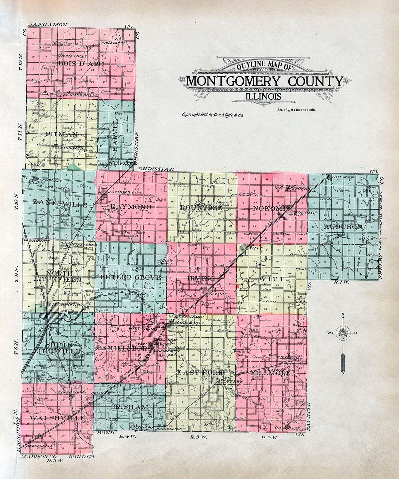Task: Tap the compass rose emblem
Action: click(x=343, y=333)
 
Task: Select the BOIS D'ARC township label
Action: click(x=81, y=63)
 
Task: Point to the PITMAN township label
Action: click(x=62, y=134)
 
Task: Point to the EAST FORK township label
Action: click(x=199, y=373)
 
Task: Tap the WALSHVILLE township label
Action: click(x=57, y=418)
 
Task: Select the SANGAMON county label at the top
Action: click(x=48, y=25)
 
